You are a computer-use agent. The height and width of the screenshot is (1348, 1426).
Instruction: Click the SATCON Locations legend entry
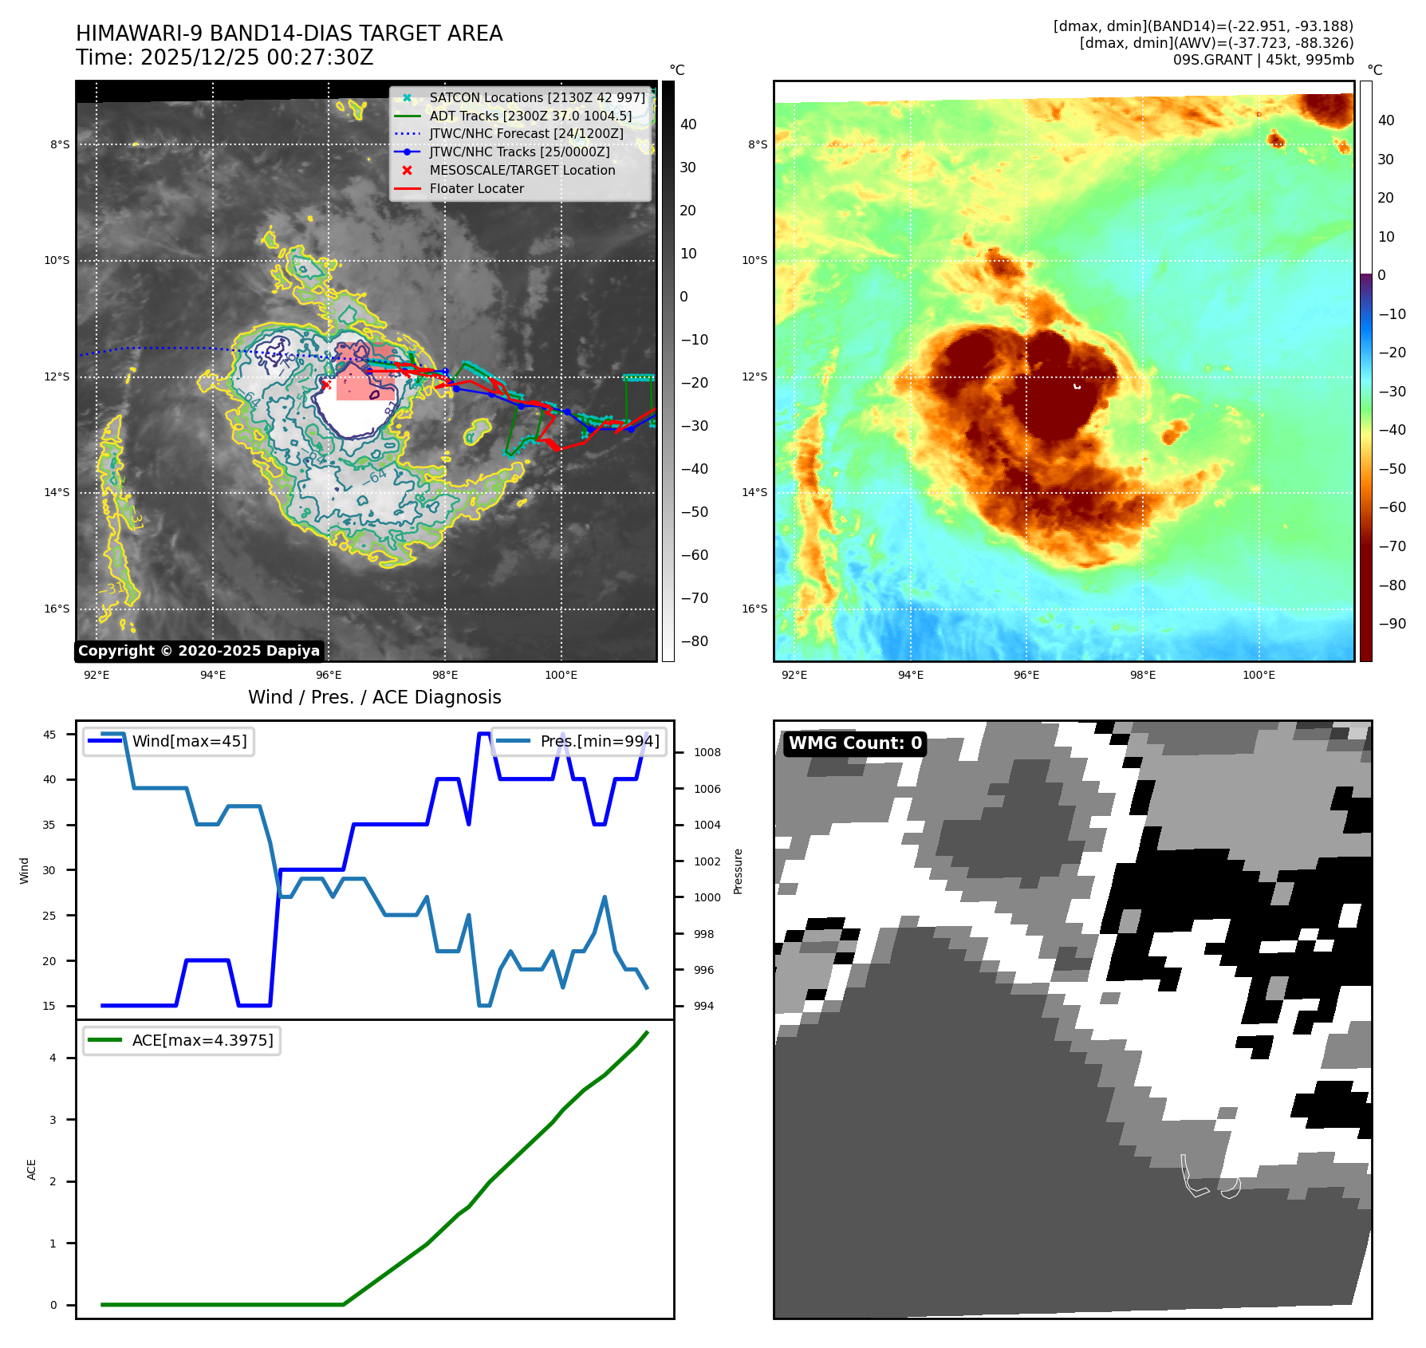[x=537, y=97]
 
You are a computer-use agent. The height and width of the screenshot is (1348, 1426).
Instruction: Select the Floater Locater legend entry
[x=476, y=188]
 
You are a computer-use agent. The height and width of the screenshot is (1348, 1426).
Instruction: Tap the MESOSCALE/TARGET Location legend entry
[x=522, y=170]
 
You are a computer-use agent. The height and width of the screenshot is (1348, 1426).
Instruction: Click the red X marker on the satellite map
[x=325, y=384]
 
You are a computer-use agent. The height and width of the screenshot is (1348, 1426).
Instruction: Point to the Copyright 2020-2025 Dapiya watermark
[x=199, y=651]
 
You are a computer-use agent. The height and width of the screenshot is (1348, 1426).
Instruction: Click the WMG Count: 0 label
[x=855, y=743]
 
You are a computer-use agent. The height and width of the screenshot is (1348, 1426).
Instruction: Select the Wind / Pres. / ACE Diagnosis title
[x=374, y=697]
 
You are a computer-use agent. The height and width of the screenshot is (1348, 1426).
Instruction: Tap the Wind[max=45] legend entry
[x=189, y=741]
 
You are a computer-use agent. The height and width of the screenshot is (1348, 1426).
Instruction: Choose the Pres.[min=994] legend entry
[x=600, y=741]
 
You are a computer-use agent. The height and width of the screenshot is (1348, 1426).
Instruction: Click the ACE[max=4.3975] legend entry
[x=202, y=1040]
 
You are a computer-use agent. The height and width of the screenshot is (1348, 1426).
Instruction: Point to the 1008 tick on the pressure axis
[x=707, y=752]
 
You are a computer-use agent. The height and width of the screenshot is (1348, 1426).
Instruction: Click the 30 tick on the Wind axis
[x=49, y=870]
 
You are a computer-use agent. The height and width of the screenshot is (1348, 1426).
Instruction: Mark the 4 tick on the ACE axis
[x=53, y=1058]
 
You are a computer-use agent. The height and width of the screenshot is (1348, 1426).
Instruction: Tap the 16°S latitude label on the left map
[x=57, y=609]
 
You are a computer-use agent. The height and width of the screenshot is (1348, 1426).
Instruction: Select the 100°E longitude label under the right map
[x=1259, y=675]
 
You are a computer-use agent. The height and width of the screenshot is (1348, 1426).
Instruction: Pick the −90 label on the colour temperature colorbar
[x=1392, y=624]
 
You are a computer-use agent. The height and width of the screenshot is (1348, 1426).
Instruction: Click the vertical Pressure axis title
[x=738, y=871]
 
